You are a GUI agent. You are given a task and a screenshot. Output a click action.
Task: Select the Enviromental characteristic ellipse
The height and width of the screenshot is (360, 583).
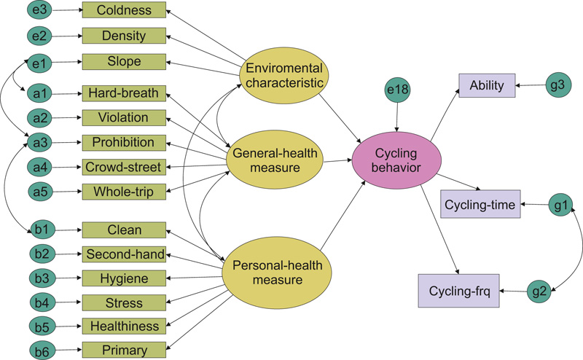[x=285, y=74]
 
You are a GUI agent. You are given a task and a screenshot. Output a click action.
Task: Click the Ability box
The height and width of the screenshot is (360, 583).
[x=487, y=86]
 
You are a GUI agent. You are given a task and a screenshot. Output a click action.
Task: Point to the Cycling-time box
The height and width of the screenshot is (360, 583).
[x=481, y=206]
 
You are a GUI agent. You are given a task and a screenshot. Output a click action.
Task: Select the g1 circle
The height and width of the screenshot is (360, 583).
[x=560, y=206]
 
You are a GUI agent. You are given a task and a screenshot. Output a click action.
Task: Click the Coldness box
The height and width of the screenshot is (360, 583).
[x=124, y=11]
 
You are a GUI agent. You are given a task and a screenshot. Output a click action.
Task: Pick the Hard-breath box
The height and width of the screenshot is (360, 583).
[x=124, y=93]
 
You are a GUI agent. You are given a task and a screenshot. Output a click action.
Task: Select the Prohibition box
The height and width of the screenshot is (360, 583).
[x=124, y=142]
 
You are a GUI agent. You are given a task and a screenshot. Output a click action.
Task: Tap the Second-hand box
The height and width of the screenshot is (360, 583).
[x=124, y=254]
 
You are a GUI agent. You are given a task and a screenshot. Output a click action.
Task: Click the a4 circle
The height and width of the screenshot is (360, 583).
[x=42, y=167]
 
